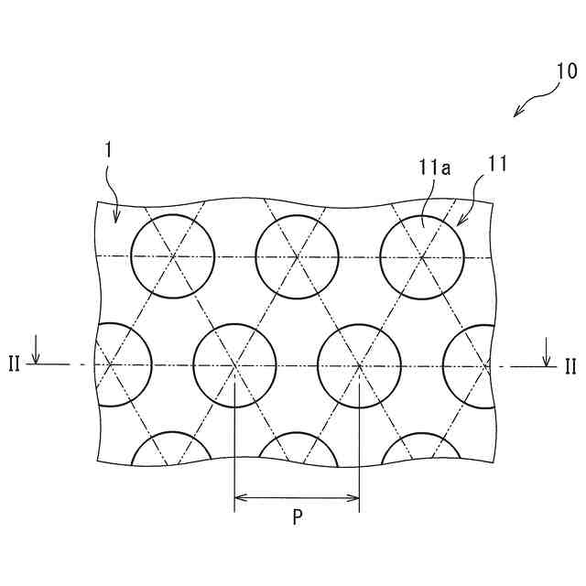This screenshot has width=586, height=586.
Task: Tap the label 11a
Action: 433,167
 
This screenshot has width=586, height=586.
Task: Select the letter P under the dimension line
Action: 298,517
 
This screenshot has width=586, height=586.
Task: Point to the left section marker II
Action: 15,365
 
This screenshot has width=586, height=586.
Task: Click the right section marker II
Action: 570,366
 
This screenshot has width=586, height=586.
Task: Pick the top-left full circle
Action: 173,255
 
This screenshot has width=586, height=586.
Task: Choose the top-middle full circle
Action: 298,255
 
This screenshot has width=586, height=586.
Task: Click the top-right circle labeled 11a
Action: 422,255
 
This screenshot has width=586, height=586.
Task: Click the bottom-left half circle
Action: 173,450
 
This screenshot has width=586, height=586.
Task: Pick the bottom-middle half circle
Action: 298,450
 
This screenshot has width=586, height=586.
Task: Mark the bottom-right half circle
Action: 420,450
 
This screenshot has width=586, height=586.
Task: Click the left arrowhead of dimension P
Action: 240,498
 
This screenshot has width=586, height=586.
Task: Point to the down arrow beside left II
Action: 36,354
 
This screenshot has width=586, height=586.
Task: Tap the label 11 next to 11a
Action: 497,166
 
